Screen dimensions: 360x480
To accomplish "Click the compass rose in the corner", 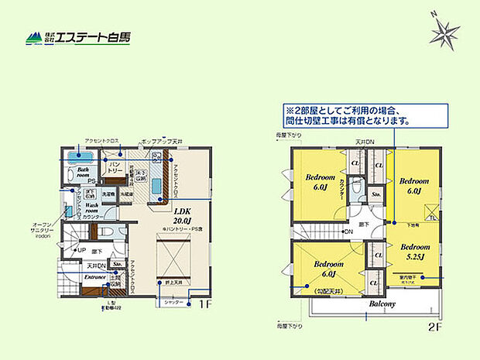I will [x=444, y=33].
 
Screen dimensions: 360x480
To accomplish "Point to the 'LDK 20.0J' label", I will [x=183, y=215].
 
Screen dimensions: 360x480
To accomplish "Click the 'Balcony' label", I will [x=381, y=304].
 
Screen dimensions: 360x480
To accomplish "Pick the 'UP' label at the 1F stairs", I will [x=80, y=251].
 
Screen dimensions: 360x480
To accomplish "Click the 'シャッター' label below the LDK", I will [x=173, y=302].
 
